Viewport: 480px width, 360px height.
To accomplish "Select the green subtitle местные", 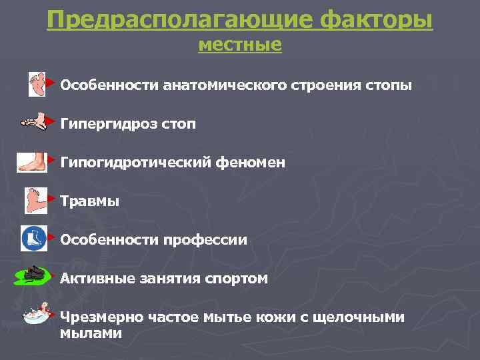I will click(x=240, y=45).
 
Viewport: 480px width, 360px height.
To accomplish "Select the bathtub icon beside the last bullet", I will click(x=37, y=313).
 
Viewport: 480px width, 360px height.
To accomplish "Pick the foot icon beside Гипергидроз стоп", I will click(x=33, y=123).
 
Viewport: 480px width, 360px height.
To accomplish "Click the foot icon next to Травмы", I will click(x=34, y=199).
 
